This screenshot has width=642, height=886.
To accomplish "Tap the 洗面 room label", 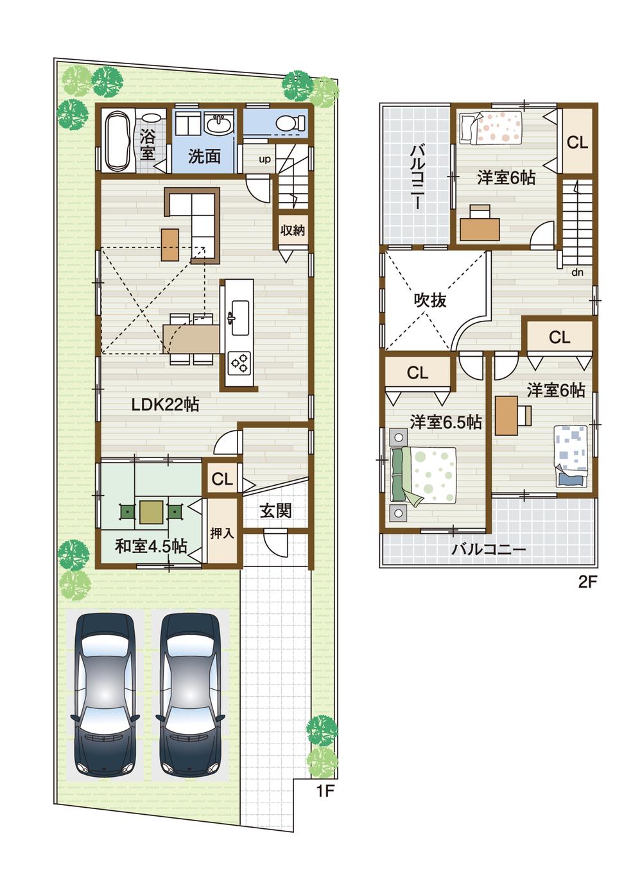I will tap(204, 156).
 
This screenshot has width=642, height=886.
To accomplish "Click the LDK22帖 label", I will tap(165, 404).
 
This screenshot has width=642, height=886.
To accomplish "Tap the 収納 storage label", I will tap(293, 230).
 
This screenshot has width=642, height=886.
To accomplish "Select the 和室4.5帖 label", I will tap(151, 546).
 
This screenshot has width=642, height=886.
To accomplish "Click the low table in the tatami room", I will tap(152, 511).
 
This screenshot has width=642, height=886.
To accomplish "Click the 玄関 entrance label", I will tap(276, 510).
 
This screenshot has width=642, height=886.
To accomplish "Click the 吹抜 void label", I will tap(429, 300).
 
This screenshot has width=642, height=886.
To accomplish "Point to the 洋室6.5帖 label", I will tap(446, 422).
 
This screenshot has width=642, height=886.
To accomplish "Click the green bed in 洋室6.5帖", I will tap(424, 475).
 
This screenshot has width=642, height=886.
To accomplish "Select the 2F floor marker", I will tap(587, 583).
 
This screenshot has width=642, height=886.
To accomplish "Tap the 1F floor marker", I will tap(325, 790).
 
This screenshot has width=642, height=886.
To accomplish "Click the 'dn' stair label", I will tap(578, 273).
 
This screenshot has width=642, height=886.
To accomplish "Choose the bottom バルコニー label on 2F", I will tap(488, 550).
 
